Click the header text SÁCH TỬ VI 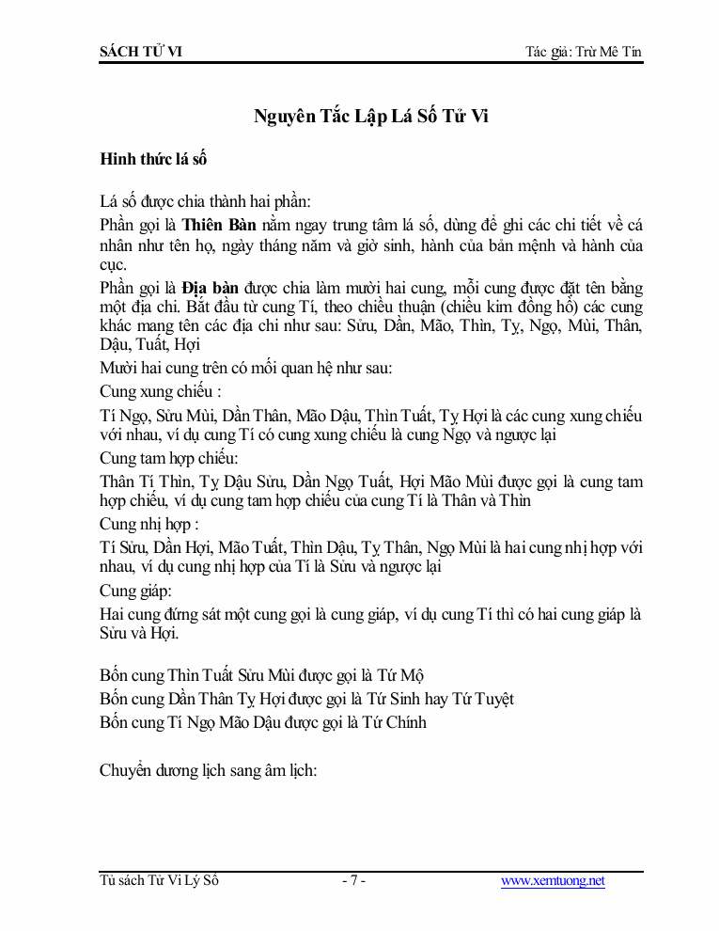[141, 51]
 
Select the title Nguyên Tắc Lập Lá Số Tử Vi [372, 117]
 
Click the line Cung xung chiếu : [161, 391]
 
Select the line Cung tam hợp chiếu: [169, 458]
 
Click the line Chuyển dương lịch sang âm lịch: [209, 770]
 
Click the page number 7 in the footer [353, 881]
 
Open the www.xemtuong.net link [553, 881]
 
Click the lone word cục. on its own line [114, 266]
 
